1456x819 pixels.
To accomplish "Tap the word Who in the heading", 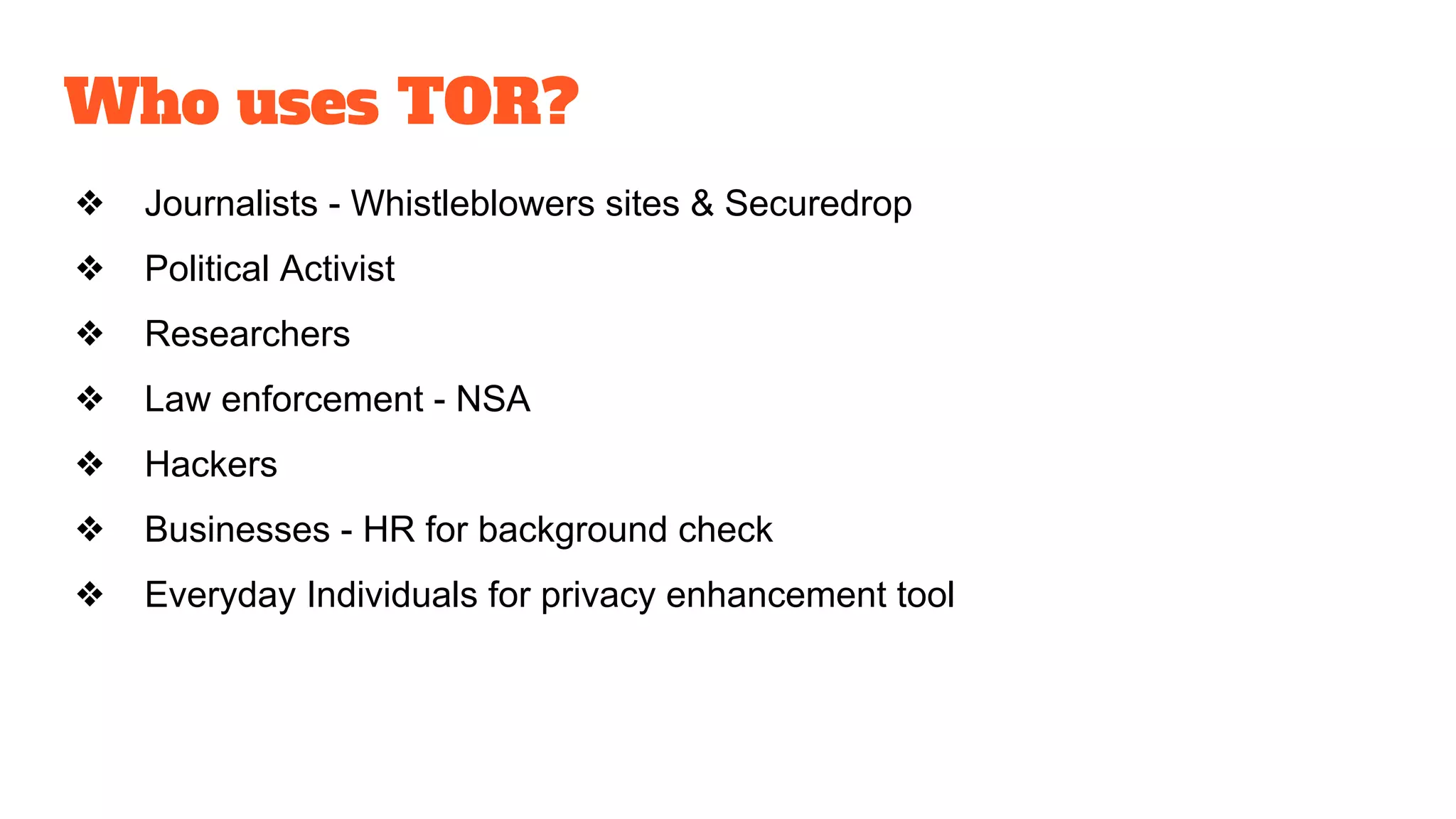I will [x=141, y=102].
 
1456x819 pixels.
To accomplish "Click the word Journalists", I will [x=231, y=204].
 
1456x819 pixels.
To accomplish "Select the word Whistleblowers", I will [x=473, y=204].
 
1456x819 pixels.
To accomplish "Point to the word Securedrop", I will [x=818, y=205].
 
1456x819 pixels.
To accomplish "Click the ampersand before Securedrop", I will [x=702, y=204].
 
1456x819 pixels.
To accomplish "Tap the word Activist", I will [x=337, y=269].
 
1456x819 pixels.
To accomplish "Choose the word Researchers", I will [x=247, y=334].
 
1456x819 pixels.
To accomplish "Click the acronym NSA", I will [x=493, y=400].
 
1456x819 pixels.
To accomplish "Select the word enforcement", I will [x=323, y=400].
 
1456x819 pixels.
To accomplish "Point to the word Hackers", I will [x=211, y=465].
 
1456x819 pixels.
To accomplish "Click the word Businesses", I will [x=237, y=530].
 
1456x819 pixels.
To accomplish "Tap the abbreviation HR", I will [x=389, y=530].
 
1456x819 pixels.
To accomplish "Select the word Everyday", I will [x=220, y=596].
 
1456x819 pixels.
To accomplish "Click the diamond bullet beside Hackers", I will [x=90, y=464].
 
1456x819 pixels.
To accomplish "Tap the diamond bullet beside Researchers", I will [x=90, y=333].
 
